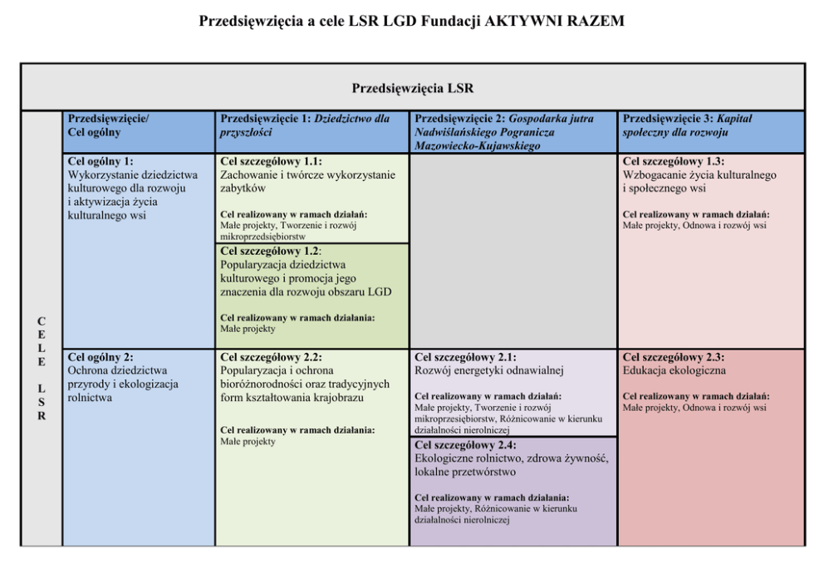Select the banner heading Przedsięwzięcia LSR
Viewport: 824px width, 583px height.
pyautogui.click(x=412, y=88)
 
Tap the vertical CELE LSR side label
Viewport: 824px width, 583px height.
pyautogui.click(x=42, y=368)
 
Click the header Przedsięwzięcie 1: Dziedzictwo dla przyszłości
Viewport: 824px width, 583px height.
pyautogui.click(x=305, y=125)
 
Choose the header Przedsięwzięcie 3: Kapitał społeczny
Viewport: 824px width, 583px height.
pyautogui.click(x=687, y=125)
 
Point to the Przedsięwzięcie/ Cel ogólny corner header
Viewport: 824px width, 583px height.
pyautogui.click(x=109, y=125)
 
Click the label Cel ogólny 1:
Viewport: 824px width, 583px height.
pyautogui.click(x=101, y=162)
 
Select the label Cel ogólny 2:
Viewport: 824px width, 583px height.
pyautogui.click(x=101, y=357)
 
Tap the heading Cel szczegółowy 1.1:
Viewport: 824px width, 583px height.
pyautogui.click(x=271, y=162)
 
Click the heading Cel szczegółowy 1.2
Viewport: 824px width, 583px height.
pyautogui.click(x=271, y=251)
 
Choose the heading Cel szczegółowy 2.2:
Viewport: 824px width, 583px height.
pyautogui.click(x=271, y=357)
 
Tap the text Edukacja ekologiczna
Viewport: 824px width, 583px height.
pyautogui.click(x=674, y=370)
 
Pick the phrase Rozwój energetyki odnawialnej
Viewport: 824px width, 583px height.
pyautogui.click(x=489, y=370)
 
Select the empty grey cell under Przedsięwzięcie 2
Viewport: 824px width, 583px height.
pyautogui.click(x=513, y=249)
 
